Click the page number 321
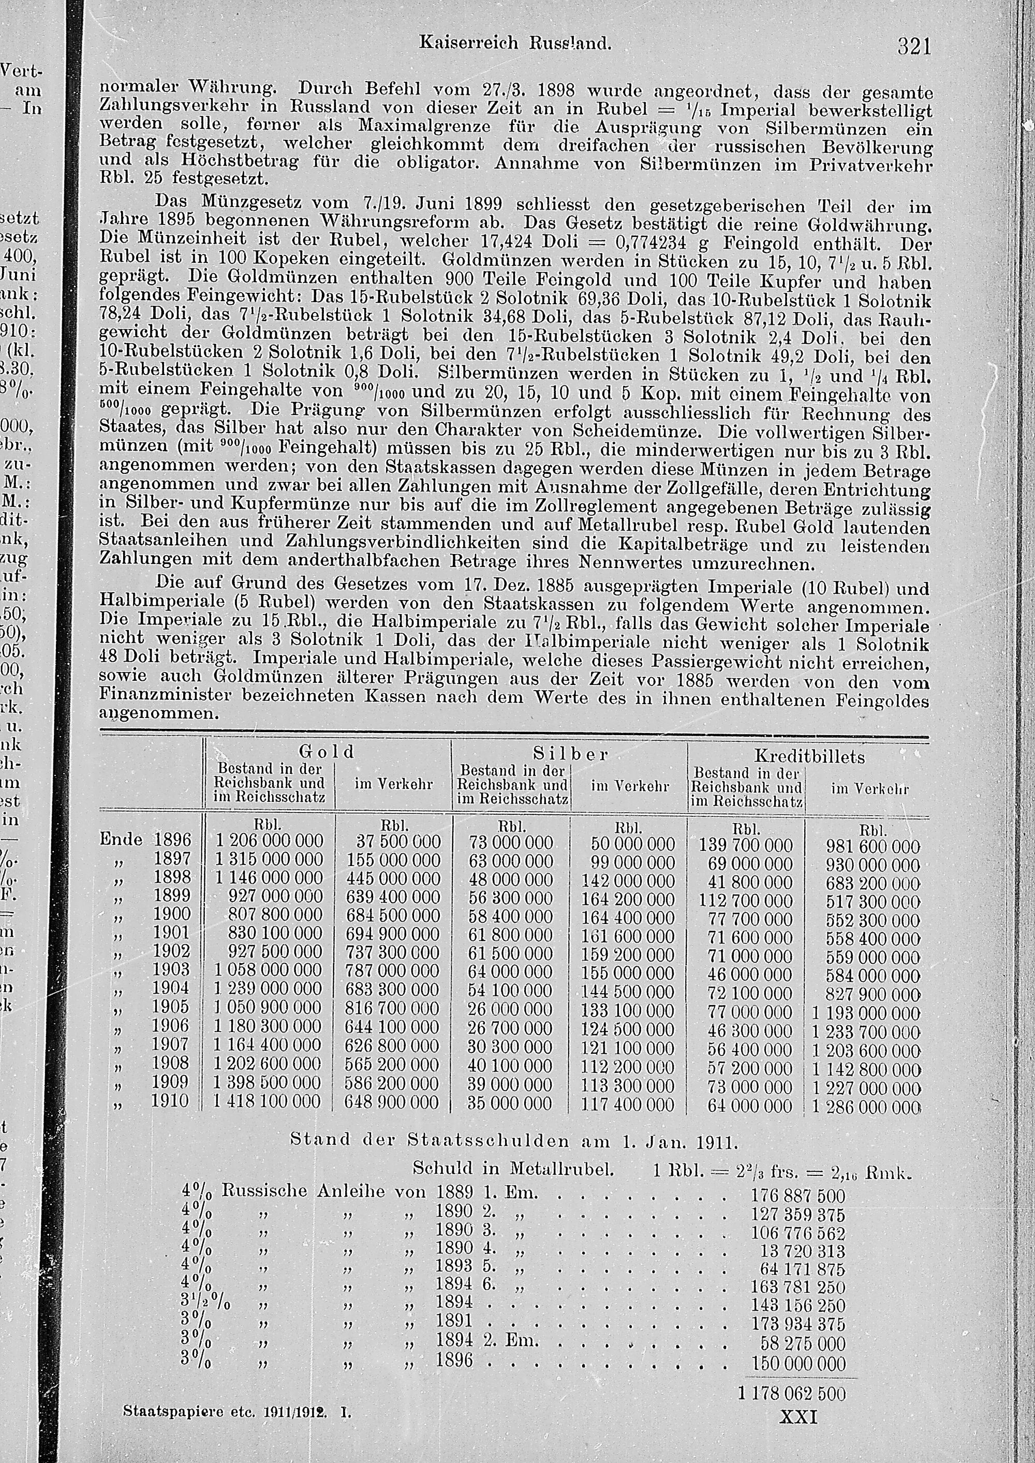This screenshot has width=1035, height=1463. click(x=914, y=47)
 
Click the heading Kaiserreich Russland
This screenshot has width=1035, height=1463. click(x=515, y=43)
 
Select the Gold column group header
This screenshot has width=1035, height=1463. click(x=327, y=751)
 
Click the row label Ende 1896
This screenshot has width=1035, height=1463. click(x=145, y=840)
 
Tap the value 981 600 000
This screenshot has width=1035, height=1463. click(x=873, y=846)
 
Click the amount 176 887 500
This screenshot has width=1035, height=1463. click(x=798, y=1196)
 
